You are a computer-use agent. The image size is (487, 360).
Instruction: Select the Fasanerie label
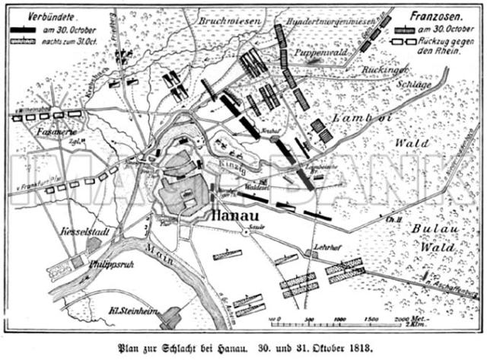(40, 132)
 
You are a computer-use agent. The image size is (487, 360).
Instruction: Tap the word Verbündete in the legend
(40, 15)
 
